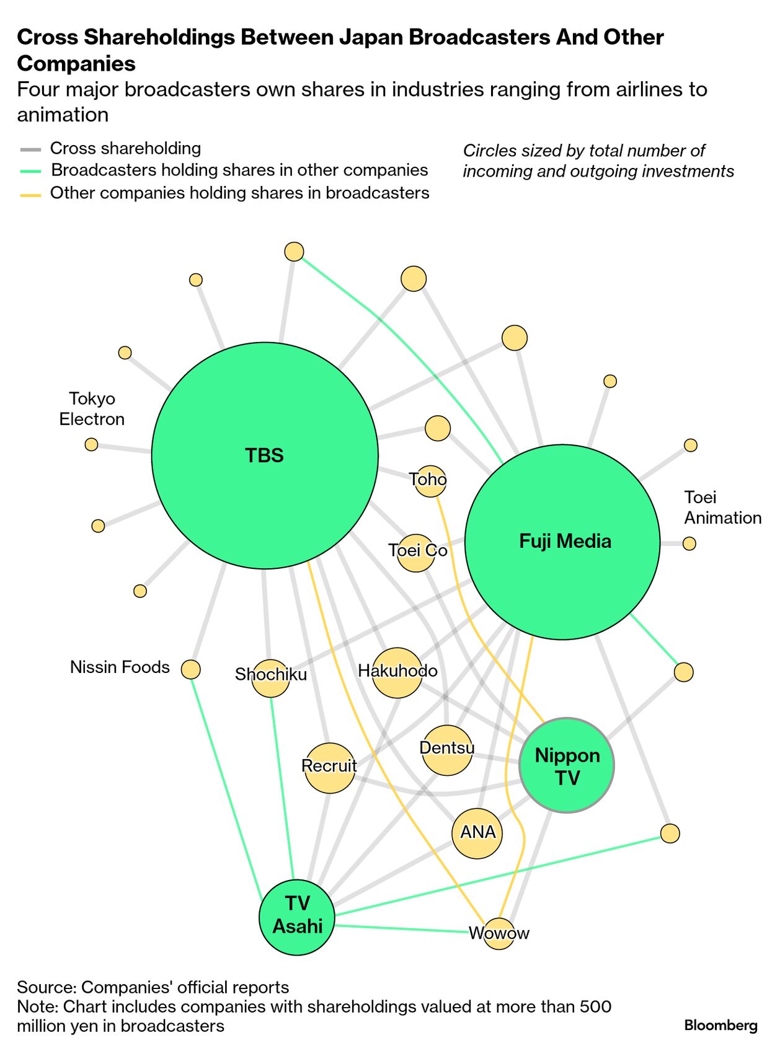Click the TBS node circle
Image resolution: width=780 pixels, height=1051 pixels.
point(265,455)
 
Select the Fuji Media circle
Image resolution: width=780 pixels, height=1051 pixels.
point(562,542)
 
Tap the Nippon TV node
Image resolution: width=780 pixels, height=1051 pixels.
point(567,765)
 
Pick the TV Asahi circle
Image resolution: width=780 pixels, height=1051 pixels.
point(297,917)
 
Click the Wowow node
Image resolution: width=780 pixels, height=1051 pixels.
point(499,933)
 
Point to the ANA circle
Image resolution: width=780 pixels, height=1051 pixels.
point(477,833)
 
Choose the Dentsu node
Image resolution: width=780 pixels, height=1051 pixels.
point(446,750)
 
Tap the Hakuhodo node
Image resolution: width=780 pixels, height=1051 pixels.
point(397,672)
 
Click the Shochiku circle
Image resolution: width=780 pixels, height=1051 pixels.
point(271,678)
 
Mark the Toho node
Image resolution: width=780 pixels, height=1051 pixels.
point(430,481)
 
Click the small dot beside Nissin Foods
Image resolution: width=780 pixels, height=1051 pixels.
point(191,669)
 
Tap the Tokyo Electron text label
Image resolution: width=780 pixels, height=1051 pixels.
point(92,409)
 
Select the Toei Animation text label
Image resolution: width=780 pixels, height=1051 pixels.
point(722,508)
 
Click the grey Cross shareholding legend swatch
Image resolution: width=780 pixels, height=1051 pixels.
point(30,149)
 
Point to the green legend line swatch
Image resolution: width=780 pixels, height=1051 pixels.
point(30,171)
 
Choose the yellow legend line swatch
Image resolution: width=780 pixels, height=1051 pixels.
point(30,195)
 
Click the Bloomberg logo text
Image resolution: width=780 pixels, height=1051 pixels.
point(720,1026)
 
